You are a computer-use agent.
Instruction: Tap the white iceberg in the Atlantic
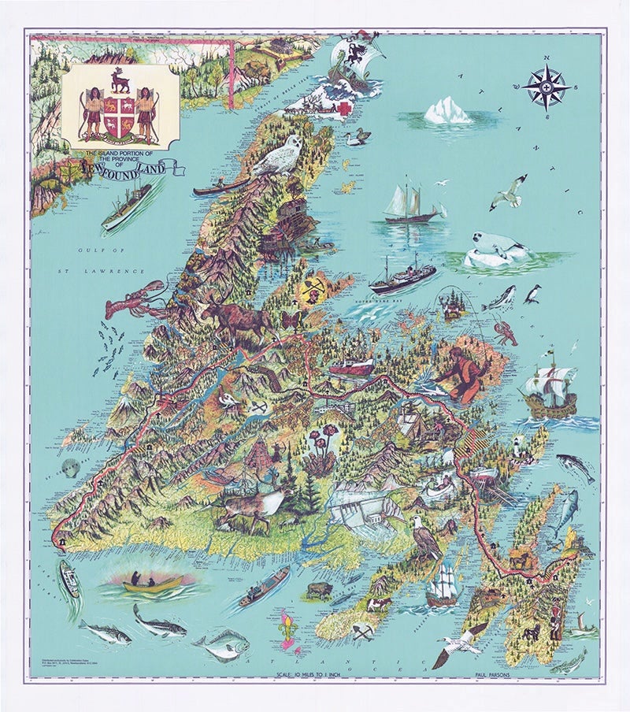(447, 111)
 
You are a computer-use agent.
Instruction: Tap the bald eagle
(426, 540)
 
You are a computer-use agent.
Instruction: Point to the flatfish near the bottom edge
(223, 645)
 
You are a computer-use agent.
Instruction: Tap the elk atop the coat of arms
(120, 79)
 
